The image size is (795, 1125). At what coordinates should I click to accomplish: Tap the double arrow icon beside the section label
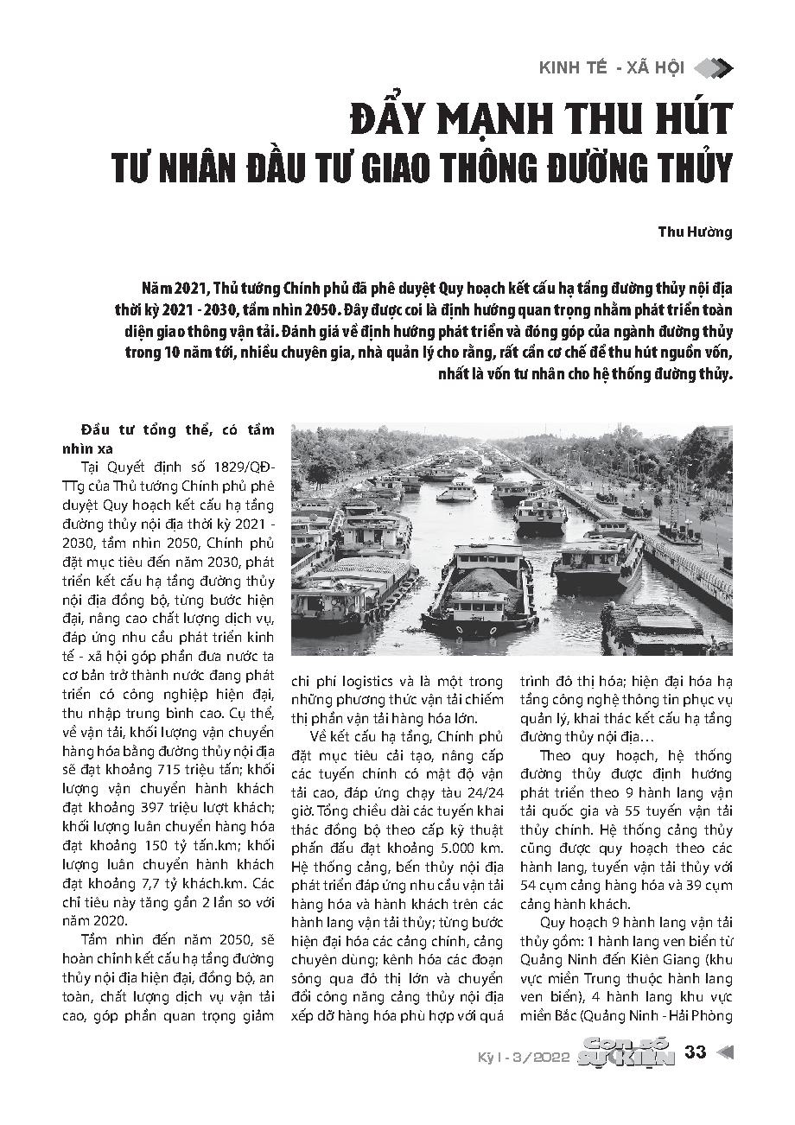[714, 68]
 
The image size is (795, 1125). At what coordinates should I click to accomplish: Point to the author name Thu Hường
[696, 232]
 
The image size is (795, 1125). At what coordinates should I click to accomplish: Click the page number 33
[696, 1052]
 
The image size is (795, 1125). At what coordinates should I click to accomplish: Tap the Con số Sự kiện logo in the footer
[628, 1053]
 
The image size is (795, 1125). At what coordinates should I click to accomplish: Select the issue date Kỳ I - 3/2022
[524, 1055]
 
